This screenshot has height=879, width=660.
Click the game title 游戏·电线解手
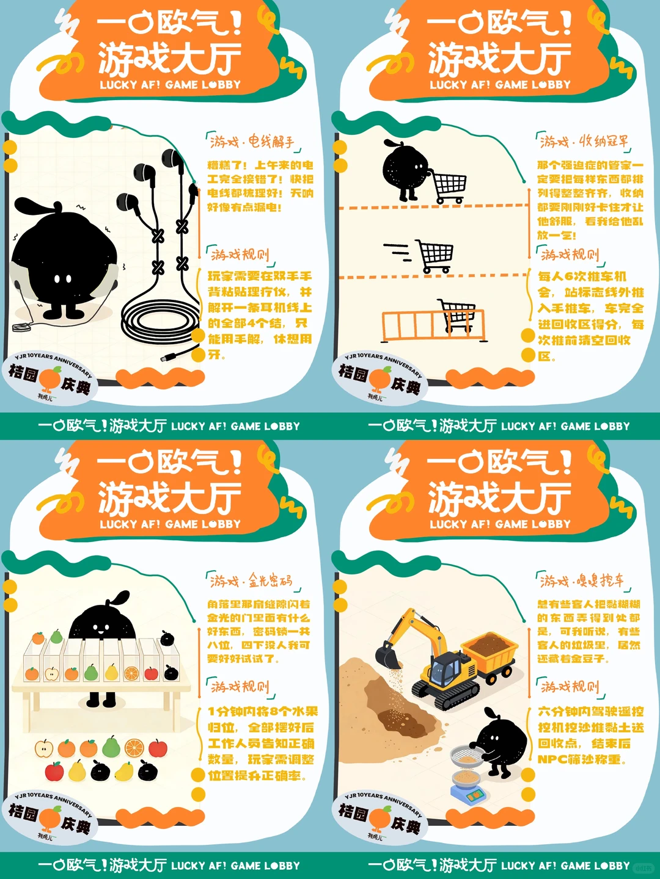[252, 142]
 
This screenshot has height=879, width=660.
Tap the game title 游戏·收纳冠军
[583, 142]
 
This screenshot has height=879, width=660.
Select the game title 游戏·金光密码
[251, 581]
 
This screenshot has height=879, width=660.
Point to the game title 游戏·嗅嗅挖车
[582, 581]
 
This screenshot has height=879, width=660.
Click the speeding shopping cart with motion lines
[435, 256]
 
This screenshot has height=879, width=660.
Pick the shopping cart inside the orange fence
[458, 316]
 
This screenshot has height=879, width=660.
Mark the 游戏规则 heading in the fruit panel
[240, 687]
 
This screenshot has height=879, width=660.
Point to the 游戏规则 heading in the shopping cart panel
[570, 254]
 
